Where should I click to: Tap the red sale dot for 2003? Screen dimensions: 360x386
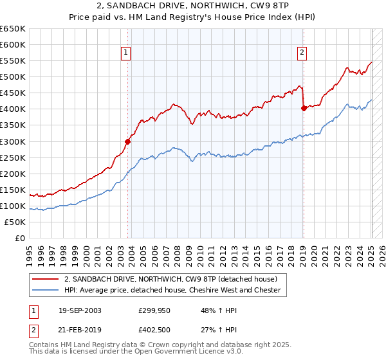(x=127, y=141)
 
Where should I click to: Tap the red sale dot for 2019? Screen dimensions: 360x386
(x=304, y=108)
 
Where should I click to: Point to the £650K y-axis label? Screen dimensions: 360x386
(x=13, y=29)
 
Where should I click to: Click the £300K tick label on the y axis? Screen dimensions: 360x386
(x=13, y=141)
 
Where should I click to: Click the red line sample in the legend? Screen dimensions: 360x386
(x=46, y=279)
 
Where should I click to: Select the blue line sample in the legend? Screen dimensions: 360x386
(x=46, y=290)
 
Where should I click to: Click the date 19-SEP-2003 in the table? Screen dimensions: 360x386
(x=80, y=310)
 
